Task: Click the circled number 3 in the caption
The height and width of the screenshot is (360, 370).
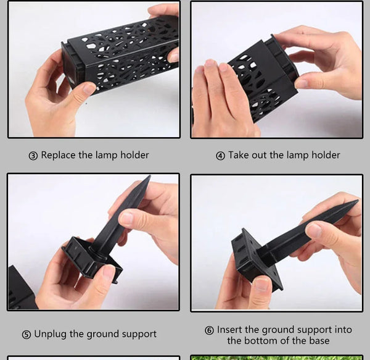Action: point(33,156)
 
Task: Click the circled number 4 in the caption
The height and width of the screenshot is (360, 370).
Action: point(220,156)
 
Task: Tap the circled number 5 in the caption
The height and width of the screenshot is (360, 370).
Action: point(26,335)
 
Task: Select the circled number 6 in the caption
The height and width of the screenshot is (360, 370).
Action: point(210,330)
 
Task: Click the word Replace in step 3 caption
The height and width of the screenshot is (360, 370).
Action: point(59,155)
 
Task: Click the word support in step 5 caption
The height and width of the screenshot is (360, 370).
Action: point(137,335)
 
